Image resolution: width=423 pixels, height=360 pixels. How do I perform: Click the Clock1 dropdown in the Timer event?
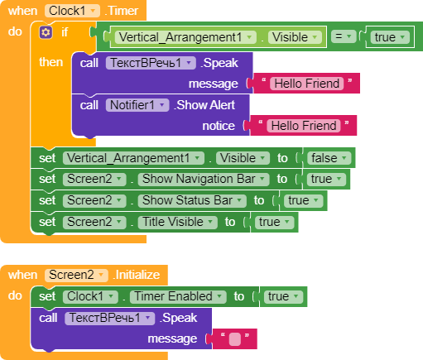[73, 11]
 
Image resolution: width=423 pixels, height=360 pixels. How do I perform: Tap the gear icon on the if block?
[46, 32]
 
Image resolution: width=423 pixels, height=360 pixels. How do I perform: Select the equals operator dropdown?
[344, 36]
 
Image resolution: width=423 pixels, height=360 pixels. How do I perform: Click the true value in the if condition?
[389, 37]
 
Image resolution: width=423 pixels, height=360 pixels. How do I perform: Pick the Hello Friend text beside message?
[307, 84]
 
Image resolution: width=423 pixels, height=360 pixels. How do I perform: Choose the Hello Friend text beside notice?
[304, 126]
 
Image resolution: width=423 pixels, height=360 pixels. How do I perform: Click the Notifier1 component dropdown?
[137, 105]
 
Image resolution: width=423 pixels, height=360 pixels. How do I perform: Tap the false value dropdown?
[329, 158]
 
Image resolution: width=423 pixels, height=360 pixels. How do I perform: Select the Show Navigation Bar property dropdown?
[204, 179]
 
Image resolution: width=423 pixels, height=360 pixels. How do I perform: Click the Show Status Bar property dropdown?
[192, 200]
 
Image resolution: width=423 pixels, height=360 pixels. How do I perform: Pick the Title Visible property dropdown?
[177, 222]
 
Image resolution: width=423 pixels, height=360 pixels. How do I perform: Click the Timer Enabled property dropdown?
[178, 296]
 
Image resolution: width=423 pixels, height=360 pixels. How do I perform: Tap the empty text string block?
[235, 339]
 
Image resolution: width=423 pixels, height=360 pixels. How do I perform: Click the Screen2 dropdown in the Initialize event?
[76, 275]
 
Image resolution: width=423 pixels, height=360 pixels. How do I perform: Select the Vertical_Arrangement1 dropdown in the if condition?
[185, 37]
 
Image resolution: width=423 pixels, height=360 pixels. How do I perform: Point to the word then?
[51, 62]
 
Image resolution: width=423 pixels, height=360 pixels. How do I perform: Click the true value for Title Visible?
[274, 222]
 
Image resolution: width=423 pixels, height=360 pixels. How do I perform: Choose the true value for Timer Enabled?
[283, 296]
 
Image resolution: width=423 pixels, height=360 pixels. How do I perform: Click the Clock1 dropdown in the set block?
[90, 296]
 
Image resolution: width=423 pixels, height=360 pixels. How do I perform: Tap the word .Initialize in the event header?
[137, 275]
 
